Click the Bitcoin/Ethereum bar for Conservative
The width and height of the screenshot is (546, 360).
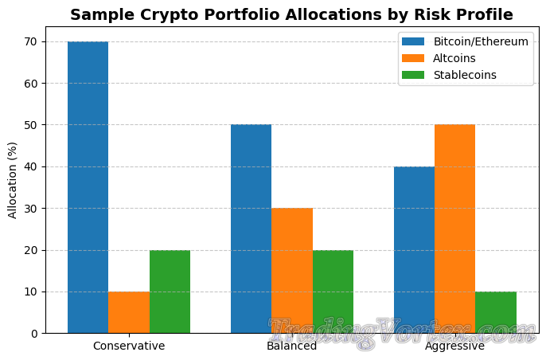pos(88,187)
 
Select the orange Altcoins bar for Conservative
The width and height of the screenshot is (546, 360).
pos(129,312)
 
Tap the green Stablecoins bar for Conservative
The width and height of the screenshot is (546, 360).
pos(170,292)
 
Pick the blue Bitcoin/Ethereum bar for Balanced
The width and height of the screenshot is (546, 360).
pos(251,229)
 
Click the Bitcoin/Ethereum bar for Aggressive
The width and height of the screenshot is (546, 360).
pos(414,249)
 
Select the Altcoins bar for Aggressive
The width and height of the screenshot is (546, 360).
pos(455,229)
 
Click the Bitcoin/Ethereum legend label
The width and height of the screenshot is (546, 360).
pos(481,41)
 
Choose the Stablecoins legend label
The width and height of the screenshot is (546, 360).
pos(465,75)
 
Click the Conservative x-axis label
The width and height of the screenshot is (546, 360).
pos(129,346)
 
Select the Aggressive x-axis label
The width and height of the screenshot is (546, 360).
pos(455,346)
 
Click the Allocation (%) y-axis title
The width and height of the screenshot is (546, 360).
pos(13,180)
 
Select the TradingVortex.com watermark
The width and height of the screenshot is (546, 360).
pos(401,333)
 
